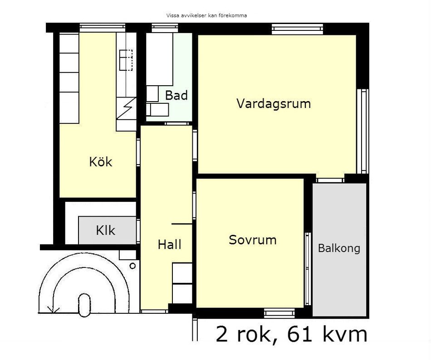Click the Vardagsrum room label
point(274,104)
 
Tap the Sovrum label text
point(253,240)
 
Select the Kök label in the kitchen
point(101,161)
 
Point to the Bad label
point(176,95)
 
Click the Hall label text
point(169,244)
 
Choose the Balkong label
point(339,249)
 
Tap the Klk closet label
point(106,230)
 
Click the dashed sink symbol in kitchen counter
point(126,60)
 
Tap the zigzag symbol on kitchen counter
point(126,108)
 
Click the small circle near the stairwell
point(132,266)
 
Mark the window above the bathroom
point(165,28)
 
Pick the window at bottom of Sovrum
point(279,313)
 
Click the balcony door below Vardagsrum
point(330,180)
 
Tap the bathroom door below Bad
point(177,124)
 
